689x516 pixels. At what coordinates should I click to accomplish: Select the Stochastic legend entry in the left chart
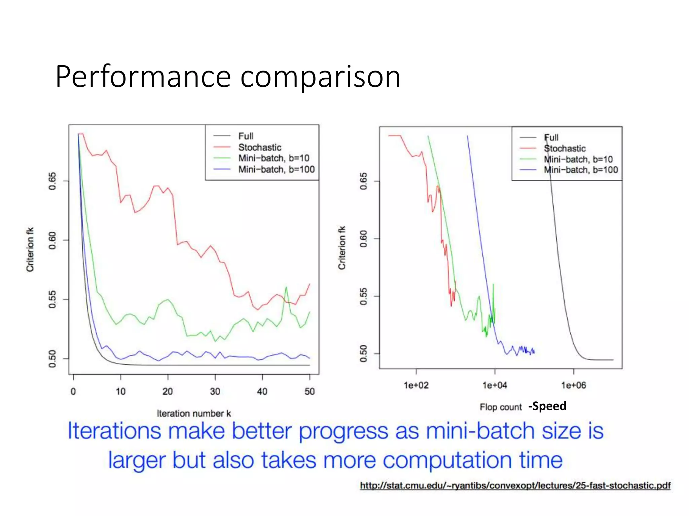[x=259, y=147]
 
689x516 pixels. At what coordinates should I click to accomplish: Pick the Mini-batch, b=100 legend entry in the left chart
[x=276, y=169]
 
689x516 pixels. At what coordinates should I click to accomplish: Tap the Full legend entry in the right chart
[x=551, y=137]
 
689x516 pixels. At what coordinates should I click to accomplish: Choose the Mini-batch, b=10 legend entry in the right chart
[x=578, y=159]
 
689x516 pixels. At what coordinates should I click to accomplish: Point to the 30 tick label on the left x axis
[x=215, y=391]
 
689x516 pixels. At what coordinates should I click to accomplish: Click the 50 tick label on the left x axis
[x=310, y=391]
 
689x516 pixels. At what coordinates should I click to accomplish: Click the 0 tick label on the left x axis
[x=73, y=391]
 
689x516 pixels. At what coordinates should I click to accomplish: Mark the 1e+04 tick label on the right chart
[x=495, y=385]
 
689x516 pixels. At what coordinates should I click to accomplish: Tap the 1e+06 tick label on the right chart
[x=573, y=385]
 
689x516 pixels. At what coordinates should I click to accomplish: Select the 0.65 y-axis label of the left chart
[x=52, y=181]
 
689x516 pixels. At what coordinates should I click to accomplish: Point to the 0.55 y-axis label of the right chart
[x=364, y=296]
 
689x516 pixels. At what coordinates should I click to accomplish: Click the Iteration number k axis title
[x=194, y=414]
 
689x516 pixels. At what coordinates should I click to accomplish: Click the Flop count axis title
[x=500, y=407]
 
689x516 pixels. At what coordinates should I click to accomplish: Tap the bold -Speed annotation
[x=547, y=406]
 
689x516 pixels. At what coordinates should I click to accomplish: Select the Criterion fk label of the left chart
[x=30, y=249]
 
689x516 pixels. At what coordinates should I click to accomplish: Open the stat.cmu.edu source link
[x=515, y=485]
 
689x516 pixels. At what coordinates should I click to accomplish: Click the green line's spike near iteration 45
[x=286, y=288]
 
